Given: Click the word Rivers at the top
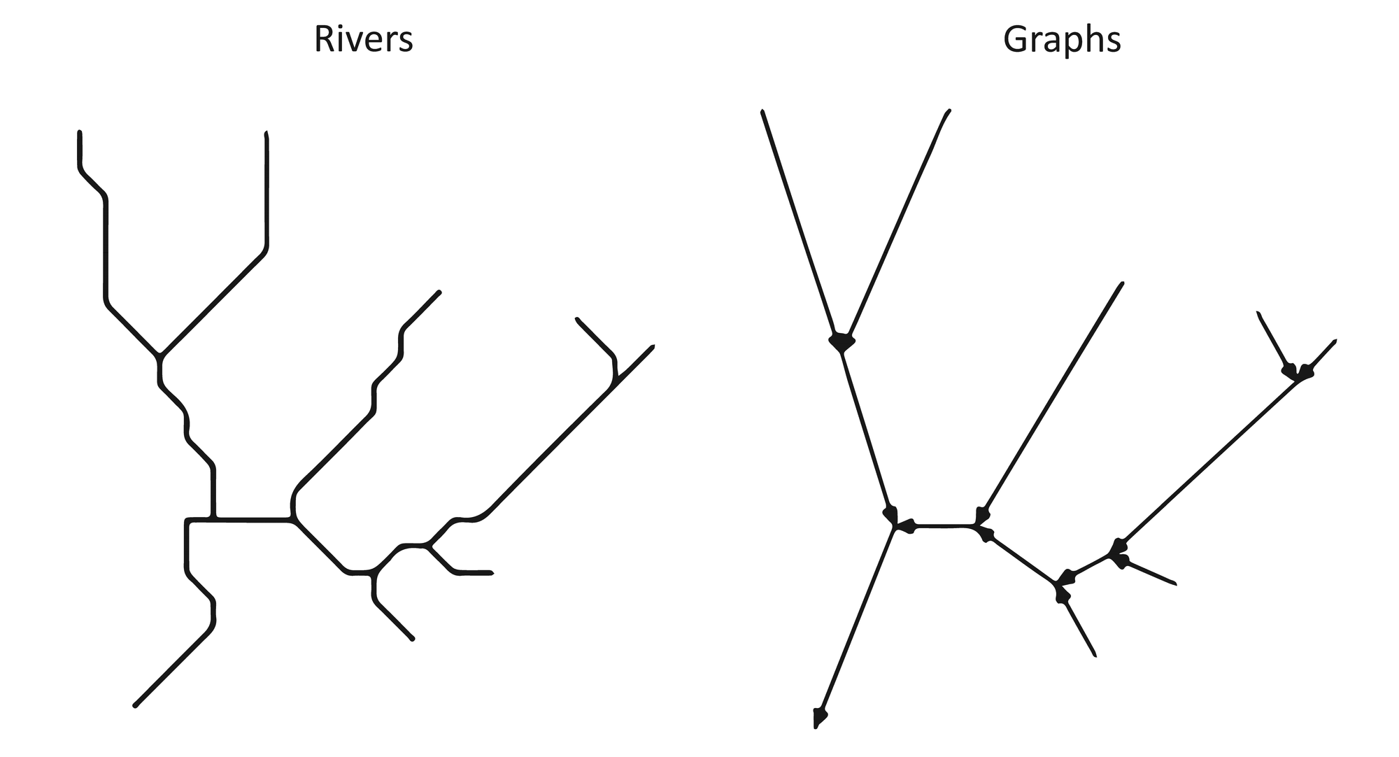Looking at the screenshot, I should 363,40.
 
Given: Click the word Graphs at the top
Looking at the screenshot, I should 1061,40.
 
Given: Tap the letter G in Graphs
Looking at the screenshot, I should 1016,39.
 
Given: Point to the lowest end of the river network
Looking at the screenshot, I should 135,705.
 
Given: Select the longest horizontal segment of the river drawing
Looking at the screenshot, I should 252,519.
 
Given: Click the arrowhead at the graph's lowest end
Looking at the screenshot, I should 818,718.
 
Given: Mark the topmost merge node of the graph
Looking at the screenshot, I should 842,344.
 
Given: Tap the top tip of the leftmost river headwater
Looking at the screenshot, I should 80,132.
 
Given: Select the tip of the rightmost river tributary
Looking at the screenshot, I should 652,347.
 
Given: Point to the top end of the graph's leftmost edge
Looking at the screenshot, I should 762,111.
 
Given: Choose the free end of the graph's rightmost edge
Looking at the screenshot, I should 1335,341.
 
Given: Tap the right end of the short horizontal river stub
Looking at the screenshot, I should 492,573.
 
